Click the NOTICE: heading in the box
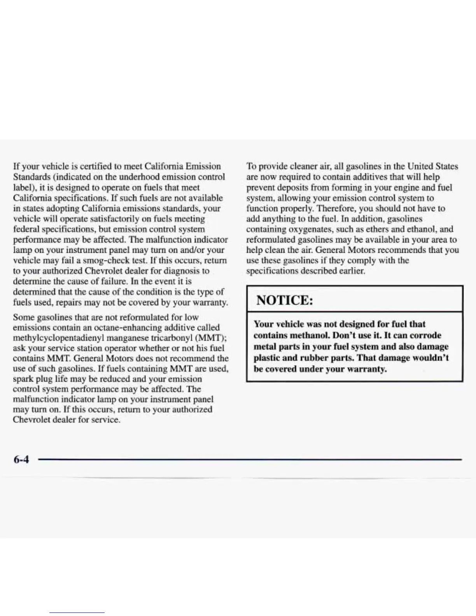[x=285, y=300]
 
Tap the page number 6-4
[x=21, y=459]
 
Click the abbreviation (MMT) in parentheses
[x=209, y=338]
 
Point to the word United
[x=420, y=166]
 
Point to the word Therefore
[x=338, y=208]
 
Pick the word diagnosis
[x=185, y=271]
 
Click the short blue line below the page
[x=77, y=612]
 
